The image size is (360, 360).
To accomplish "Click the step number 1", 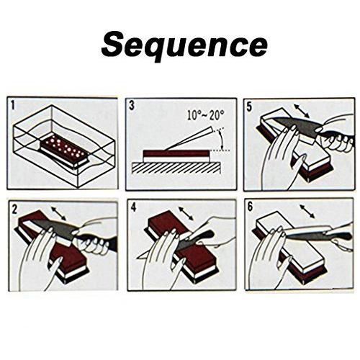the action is pos(12,106).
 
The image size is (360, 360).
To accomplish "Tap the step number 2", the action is pos(14,210).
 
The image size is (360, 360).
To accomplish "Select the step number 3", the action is pos(132,106).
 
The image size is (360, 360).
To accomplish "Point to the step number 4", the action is pos(133,207).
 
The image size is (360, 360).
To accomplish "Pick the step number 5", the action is pos(250,107).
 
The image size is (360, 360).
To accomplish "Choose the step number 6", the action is pos(250,207).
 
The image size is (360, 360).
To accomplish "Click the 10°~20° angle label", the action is pos(206,115).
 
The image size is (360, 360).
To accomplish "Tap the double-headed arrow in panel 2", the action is pos(58,213).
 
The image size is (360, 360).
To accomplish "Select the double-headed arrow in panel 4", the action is pos(186,213).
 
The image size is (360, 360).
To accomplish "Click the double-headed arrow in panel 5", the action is pos(302,111).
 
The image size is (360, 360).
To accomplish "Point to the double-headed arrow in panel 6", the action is pos(307,211).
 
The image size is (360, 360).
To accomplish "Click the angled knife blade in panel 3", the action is pos(189,138).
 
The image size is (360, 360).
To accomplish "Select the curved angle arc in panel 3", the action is pos(221,139).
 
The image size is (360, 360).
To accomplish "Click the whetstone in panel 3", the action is pos(176,156).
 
